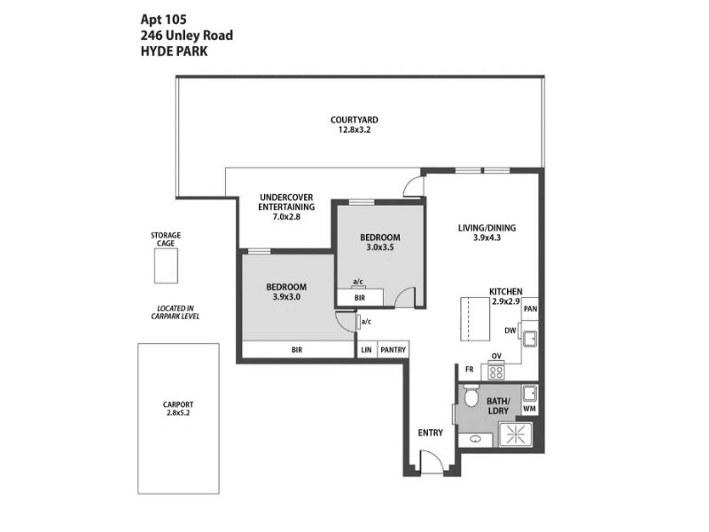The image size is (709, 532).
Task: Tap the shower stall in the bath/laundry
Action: point(515,434)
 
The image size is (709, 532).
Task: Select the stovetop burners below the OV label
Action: point(496,372)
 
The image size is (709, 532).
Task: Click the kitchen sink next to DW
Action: point(529,339)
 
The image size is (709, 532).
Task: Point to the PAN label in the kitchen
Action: point(530,309)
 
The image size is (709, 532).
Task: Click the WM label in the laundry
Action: point(529,409)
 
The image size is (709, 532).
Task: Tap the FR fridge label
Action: point(470,370)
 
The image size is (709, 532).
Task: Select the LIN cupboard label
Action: point(366,349)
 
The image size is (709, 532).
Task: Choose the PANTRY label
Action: point(393,349)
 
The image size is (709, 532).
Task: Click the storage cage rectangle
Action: point(166,266)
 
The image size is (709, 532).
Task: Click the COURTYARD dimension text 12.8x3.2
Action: point(354,129)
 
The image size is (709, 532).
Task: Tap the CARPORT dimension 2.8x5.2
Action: point(178,413)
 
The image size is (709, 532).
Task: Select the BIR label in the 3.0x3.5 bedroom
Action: point(360,298)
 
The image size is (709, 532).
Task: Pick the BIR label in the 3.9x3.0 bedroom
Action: point(297,349)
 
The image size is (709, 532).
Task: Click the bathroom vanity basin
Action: point(475,439)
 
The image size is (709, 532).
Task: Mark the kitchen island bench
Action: point(475,319)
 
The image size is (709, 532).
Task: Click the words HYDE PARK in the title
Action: point(174,51)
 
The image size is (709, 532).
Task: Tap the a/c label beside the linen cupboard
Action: point(366,322)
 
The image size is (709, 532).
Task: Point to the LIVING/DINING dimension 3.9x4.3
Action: point(487,238)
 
